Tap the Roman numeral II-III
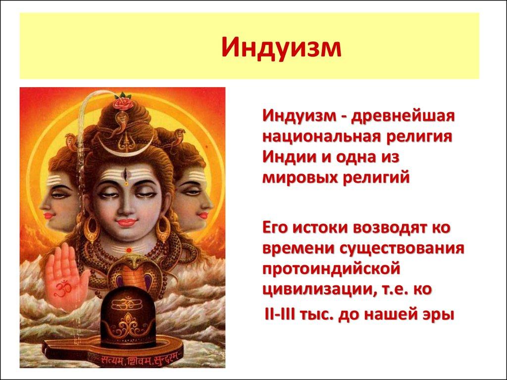tap(280, 314)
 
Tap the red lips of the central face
tap(126, 222)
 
